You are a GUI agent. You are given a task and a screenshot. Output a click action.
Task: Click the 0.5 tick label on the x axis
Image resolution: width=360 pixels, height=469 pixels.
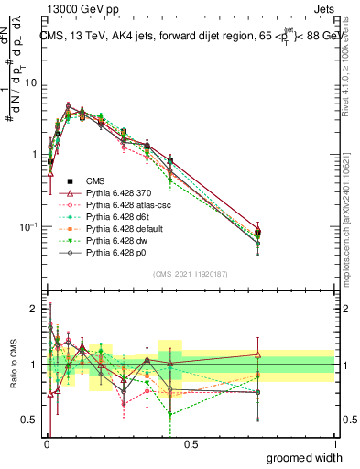191,444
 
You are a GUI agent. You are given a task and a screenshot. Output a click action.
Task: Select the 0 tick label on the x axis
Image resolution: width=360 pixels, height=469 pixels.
46,444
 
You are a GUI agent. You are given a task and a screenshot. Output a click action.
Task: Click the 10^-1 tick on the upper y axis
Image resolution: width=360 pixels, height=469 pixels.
29,226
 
